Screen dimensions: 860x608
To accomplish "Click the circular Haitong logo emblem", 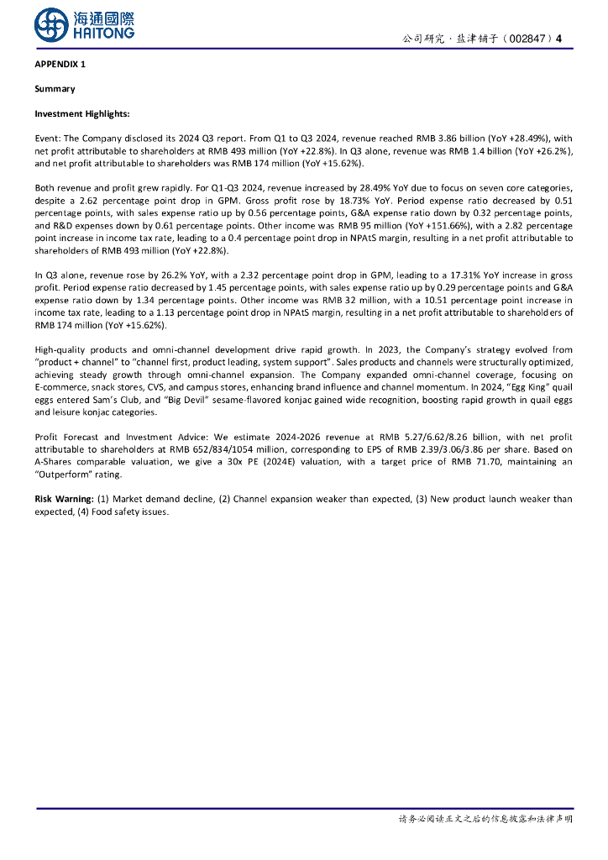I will point(51,24).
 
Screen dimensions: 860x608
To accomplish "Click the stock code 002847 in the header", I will point(526,39).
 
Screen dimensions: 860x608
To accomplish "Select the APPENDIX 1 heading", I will point(60,65).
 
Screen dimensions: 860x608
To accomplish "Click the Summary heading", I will point(55,89).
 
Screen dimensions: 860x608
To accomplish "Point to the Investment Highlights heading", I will point(81,113).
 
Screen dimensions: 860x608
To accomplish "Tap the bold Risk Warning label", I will point(64,499).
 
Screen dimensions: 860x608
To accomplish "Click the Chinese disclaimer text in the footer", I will point(485,819).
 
